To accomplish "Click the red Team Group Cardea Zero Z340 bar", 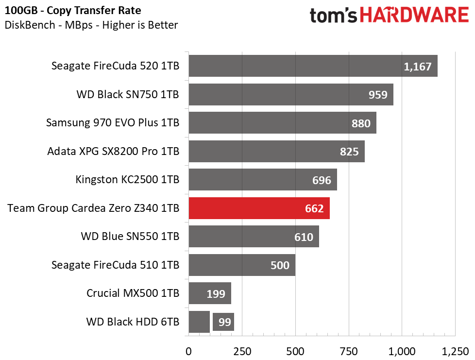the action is [259, 208].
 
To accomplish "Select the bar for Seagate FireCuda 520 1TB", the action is [313, 66].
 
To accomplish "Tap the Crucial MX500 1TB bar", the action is [210, 293].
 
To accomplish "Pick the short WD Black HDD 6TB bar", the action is [199, 322].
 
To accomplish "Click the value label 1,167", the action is [417, 67].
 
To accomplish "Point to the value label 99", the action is [224, 322].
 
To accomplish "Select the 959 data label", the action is [378, 95].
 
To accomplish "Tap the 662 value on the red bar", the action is [314, 208].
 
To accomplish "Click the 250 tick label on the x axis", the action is [242, 351].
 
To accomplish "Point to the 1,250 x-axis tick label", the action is [455, 351].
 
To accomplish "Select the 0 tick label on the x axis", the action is [188, 351].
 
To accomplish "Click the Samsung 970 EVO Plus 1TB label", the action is [113, 123].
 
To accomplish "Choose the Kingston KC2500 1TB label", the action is [127, 179].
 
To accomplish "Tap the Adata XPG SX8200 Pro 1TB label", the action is [113, 151].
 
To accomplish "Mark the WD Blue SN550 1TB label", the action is [130, 236].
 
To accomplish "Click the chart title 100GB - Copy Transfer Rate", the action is [73, 11].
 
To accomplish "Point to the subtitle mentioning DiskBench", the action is [91, 25].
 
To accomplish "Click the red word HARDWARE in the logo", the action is [414, 15].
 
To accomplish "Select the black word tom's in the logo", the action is [334, 15].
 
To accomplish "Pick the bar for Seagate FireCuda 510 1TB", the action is [242, 265].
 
